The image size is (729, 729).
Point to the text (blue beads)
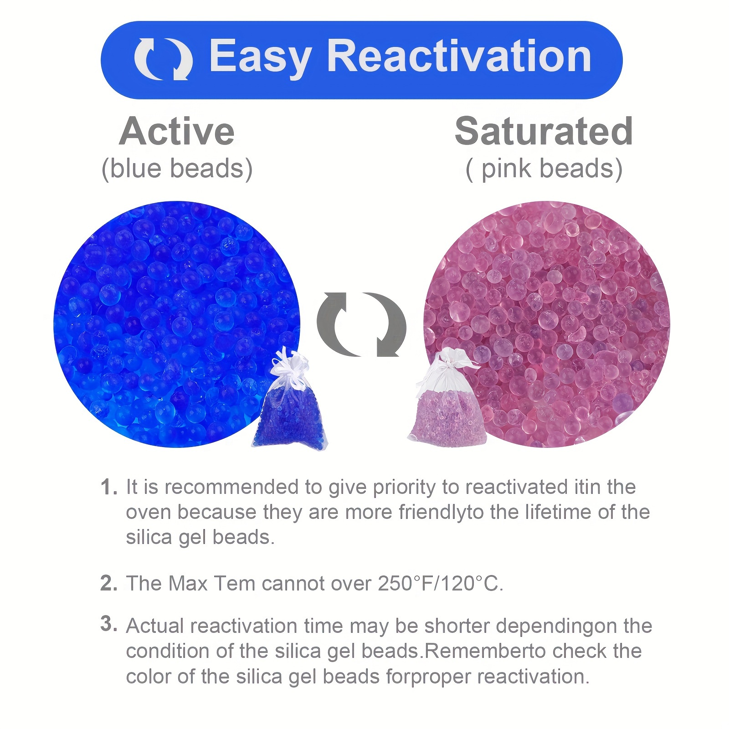177,169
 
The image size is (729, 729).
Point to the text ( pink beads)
544,169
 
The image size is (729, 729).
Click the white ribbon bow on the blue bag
287,362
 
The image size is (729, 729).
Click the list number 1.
109,488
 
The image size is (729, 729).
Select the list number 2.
109,583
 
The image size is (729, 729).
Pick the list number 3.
109,624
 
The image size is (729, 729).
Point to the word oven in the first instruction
149,513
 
